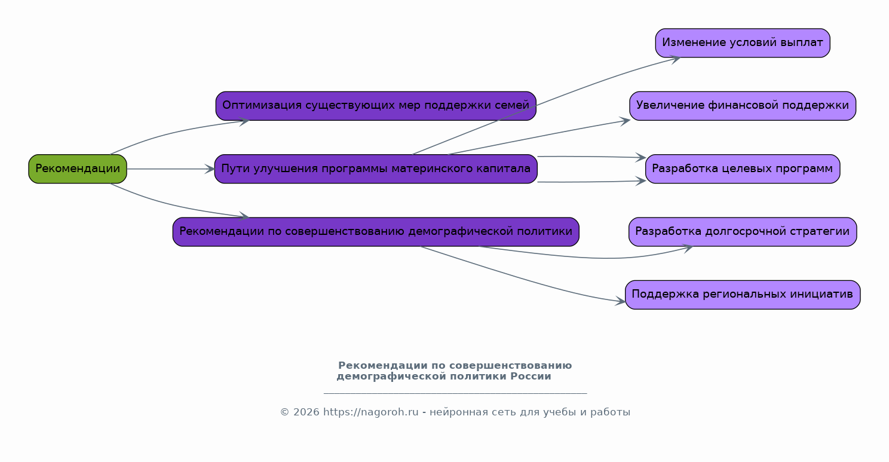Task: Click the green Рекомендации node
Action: tap(78, 169)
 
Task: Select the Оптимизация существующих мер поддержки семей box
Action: tap(376, 106)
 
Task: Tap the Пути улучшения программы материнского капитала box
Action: tap(376, 169)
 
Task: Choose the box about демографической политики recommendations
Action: tap(376, 232)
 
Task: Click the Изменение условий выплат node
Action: tap(743, 43)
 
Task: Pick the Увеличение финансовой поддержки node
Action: tap(743, 106)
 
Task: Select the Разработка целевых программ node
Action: tap(743, 169)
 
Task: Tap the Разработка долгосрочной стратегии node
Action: tap(743, 232)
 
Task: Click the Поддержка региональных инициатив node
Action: tap(743, 295)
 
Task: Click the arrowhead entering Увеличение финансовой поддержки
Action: tap(625, 121)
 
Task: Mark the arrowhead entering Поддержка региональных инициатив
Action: tap(620, 301)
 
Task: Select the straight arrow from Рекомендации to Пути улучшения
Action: tap(171, 169)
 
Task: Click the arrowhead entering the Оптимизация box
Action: tap(244, 121)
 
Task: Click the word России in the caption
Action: tap(531, 377)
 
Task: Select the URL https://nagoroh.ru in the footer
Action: tap(370, 412)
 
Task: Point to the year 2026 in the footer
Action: tap(306, 412)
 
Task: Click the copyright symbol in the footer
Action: tap(284, 412)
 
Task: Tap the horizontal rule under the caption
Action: tap(455, 393)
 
